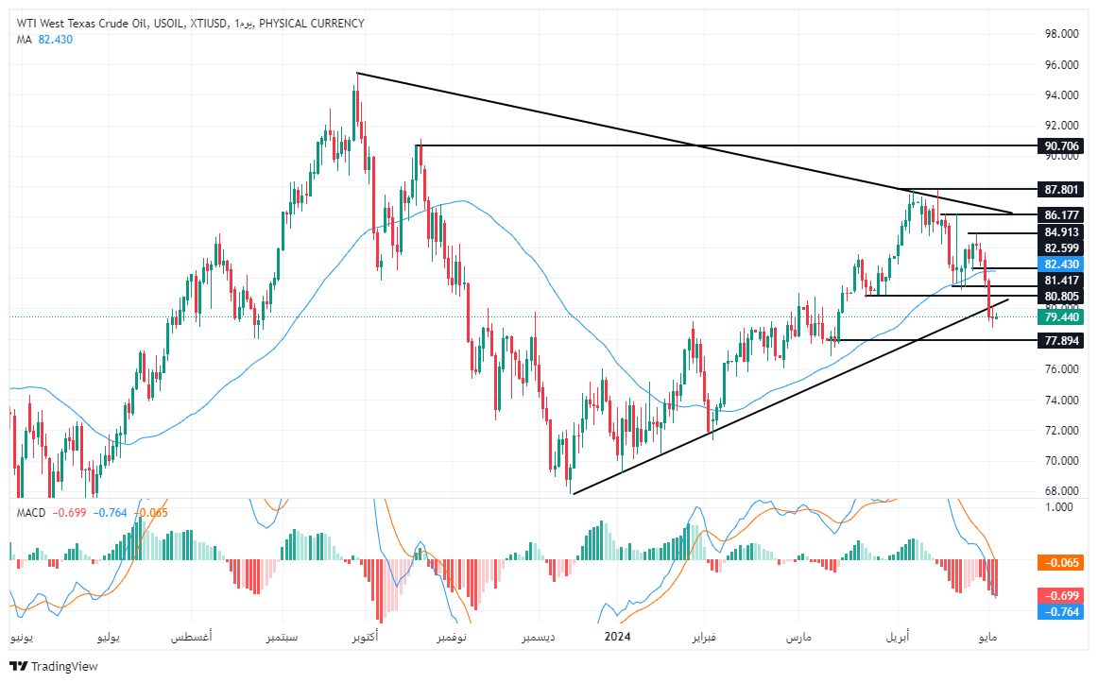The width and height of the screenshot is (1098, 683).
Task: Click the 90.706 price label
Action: click(1062, 145)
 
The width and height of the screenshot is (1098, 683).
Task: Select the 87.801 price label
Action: click(1062, 190)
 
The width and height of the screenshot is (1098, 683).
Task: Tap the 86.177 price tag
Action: click(1062, 215)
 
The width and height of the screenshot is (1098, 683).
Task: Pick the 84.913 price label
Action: click(1062, 232)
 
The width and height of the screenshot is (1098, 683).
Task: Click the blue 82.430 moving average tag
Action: click(1062, 264)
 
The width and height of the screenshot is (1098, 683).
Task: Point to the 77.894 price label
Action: click(1062, 340)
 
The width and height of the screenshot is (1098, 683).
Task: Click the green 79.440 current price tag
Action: click(1062, 317)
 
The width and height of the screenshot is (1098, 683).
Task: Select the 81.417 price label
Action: click(1062, 281)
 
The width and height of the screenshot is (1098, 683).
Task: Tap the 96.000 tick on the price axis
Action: click(1062, 65)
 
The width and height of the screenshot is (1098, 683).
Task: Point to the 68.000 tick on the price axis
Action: click(1062, 491)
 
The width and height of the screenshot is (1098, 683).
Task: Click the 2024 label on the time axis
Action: click(617, 637)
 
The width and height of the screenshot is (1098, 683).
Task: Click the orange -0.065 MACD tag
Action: click(1062, 562)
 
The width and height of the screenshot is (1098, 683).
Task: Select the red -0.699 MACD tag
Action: click(1062, 595)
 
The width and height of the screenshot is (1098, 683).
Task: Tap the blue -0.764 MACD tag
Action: click(1062, 611)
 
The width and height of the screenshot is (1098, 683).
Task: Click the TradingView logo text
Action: click(64, 666)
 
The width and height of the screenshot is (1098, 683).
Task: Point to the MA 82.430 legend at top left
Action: click(44, 39)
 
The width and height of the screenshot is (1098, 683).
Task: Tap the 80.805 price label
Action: click(1062, 297)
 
